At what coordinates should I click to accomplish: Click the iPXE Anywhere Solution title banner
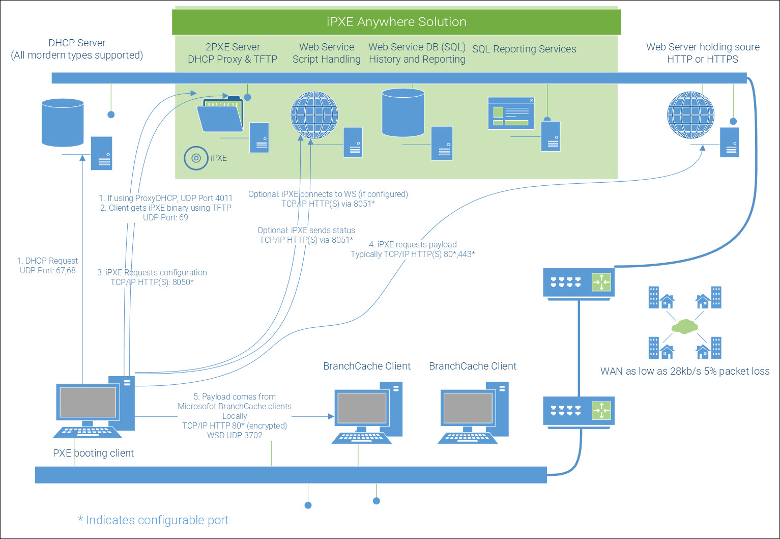[x=396, y=22]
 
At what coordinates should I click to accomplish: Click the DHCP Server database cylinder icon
[x=63, y=122]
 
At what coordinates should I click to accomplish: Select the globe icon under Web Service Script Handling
[x=314, y=115]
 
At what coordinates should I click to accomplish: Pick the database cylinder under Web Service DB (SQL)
[x=403, y=113]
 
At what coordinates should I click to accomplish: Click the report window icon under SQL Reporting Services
[x=511, y=113]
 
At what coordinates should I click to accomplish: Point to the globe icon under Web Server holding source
[x=690, y=115]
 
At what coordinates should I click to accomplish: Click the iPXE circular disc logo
[x=196, y=158]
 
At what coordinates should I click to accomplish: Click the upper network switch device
[x=579, y=282]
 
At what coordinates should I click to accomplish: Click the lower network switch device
[x=579, y=411]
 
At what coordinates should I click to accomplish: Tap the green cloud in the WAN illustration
[x=684, y=326]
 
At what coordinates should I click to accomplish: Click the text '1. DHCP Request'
[x=47, y=261]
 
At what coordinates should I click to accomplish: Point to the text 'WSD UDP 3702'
[x=235, y=435]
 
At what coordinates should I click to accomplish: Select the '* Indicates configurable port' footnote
[x=153, y=520]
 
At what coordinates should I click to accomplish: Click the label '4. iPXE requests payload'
[x=413, y=244]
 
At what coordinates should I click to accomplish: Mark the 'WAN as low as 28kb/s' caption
[x=685, y=371]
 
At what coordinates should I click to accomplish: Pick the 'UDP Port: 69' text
[x=165, y=217]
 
